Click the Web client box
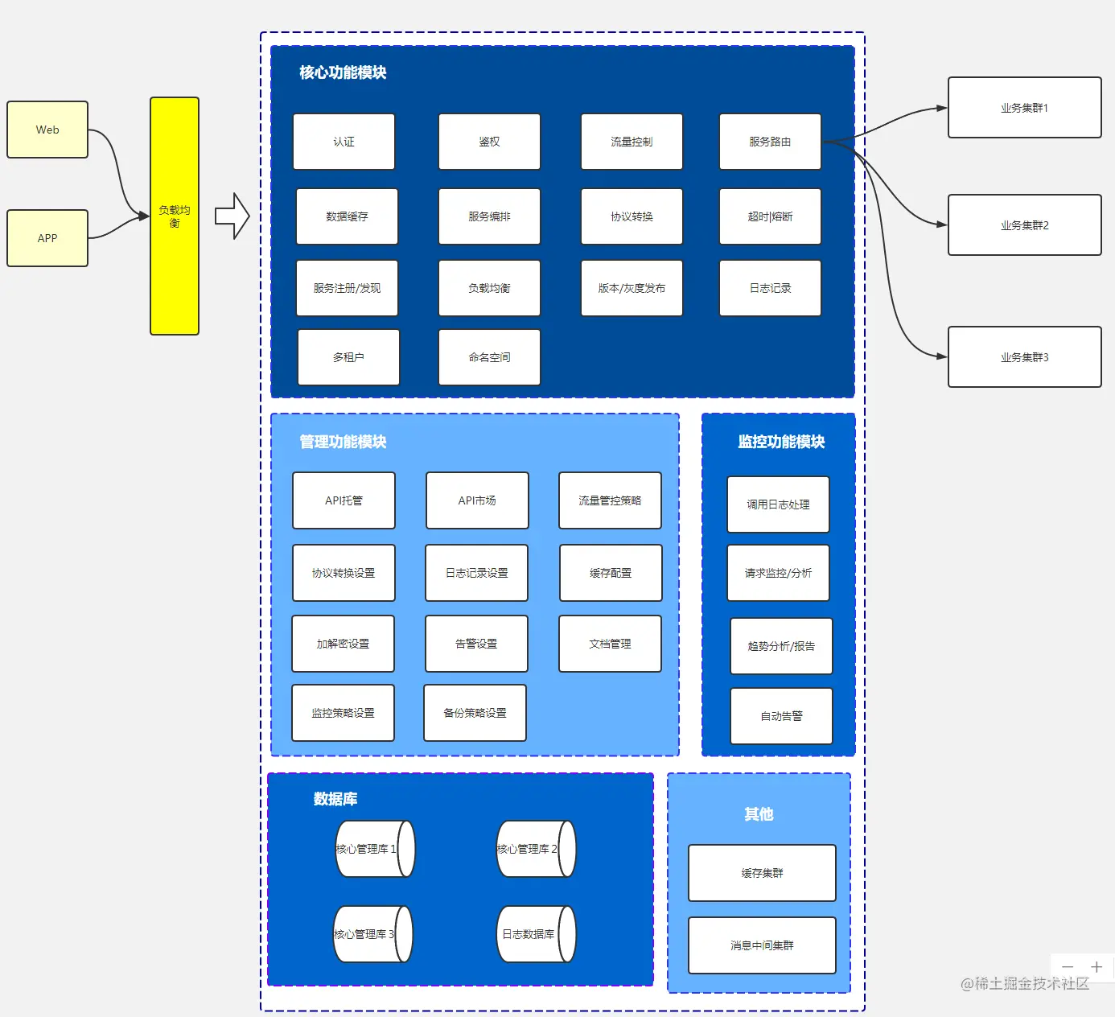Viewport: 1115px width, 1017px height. click(47, 130)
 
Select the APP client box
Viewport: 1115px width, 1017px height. click(47, 238)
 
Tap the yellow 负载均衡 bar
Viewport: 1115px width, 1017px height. click(175, 216)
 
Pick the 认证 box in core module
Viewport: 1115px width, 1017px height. click(344, 142)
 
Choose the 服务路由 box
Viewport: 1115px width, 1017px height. click(770, 142)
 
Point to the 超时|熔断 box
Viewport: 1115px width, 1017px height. click(770, 216)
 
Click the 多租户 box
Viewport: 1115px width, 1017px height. click(348, 357)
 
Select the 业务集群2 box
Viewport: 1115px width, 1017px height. click(1024, 225)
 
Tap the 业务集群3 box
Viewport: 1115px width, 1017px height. click(1024, 357)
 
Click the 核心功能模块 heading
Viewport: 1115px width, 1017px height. click(343, 72)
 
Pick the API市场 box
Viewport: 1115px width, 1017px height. click(477, 500)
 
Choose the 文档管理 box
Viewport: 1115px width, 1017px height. click(610, 644)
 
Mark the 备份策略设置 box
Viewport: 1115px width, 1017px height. click(475, 713)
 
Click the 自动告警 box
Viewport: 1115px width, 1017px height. click(781, 716)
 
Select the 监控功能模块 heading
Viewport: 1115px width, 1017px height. click(781, 442)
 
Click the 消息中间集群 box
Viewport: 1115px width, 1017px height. click(762, 945)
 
